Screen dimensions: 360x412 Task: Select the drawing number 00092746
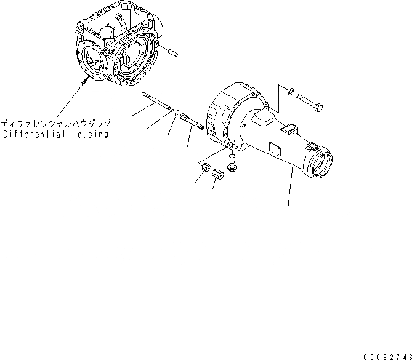click(386, 355)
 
